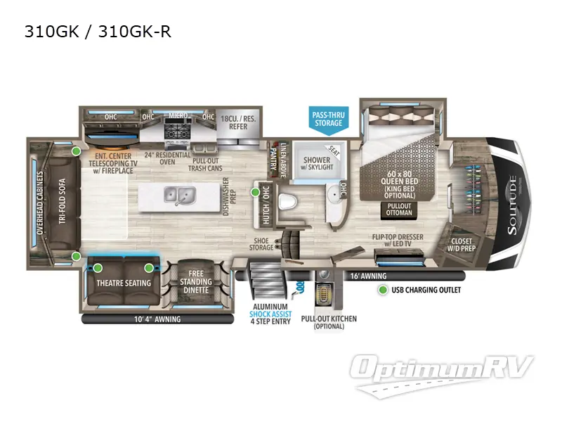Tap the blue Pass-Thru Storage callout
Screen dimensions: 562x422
328,118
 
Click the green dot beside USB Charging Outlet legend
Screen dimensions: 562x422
382,290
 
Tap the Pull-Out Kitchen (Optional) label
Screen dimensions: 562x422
328,323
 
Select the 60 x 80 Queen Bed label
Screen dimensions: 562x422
399,179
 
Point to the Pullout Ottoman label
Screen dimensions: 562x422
399,208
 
